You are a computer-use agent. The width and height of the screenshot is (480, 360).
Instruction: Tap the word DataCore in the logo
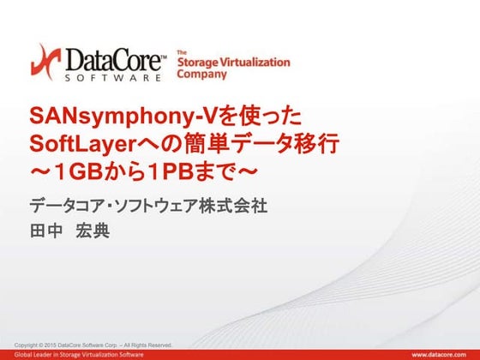tap(111, 59)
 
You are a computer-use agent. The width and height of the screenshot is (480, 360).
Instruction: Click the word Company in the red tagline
tap(201, 75)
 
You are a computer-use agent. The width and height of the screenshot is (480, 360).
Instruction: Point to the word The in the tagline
tap(182, 53)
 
